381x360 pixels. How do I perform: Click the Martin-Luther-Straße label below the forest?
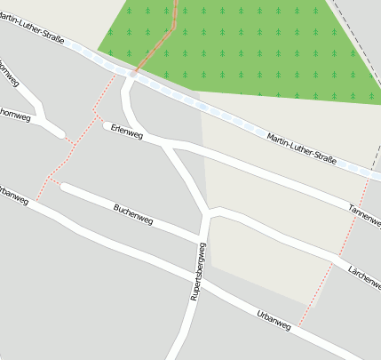click(x=300, y=148)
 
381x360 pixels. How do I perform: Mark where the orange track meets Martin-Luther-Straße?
click(x=134, y=71)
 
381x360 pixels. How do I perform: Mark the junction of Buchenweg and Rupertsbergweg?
click(x=202, y=237)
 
